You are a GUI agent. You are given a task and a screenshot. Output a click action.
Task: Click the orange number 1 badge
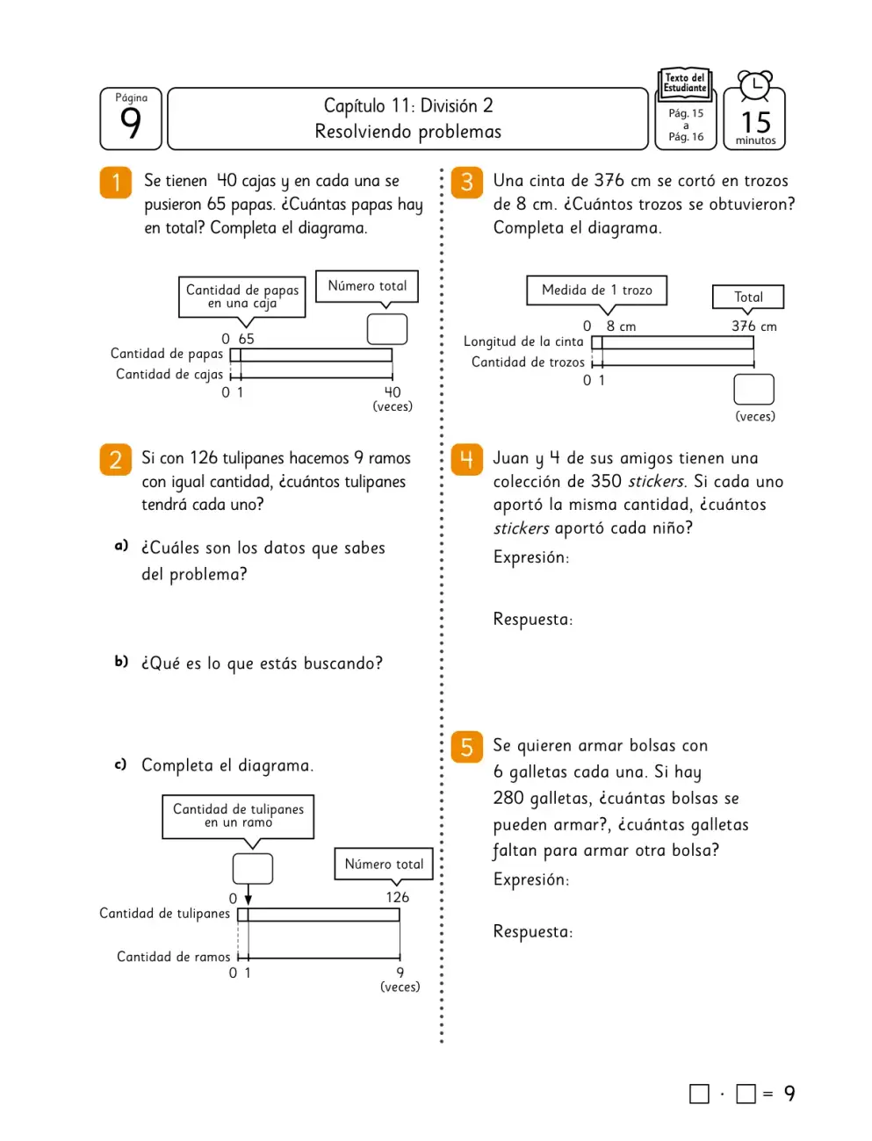click(115, 183)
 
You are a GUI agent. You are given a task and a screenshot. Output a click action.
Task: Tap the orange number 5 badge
click(466, 747)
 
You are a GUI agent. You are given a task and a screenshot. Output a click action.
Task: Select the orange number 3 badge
click(466, 183)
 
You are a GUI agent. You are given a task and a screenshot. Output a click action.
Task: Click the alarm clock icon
click(755, 86)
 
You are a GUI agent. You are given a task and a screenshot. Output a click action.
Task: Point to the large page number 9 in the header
click(131, 123)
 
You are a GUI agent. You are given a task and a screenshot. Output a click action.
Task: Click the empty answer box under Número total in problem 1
click(387, 328)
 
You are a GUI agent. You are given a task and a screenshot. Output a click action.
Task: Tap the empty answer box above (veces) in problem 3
click(753, 389)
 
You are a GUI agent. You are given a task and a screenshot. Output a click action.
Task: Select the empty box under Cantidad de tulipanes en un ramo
click(253, 868)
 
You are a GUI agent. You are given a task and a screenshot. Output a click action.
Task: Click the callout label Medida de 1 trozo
click(596, 290)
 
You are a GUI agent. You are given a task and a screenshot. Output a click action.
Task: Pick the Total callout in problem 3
click(747, 297)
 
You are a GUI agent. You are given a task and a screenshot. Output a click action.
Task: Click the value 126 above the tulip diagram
click(397, 897)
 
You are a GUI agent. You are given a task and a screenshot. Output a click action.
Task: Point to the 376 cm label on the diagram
click(754, 326)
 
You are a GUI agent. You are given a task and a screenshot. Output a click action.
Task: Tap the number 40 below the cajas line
click(393, 392)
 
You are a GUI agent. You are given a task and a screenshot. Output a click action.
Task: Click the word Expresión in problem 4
click(531, 557)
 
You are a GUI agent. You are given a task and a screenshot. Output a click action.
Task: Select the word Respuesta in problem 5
click(532, 931)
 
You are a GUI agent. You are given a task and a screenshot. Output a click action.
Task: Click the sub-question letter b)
click(121, 661)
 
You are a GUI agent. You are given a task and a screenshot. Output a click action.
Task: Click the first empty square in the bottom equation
click(699, 1094)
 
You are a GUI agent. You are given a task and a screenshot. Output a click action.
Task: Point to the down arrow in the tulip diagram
click(249, 894)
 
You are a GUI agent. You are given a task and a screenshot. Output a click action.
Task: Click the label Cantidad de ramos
click(173, 957)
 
